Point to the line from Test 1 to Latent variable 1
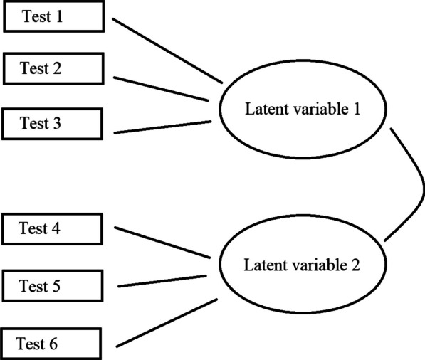coord(167,51)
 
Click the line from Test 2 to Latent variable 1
coord(161,89)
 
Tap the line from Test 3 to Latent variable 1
coord(162,127)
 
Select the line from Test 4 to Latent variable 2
coord(162,243)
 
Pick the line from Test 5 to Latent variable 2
coord(162,281)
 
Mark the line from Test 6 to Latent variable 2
coord(167,322)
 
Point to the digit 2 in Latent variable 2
coord(355,265)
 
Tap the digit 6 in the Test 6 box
coord(53,344)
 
